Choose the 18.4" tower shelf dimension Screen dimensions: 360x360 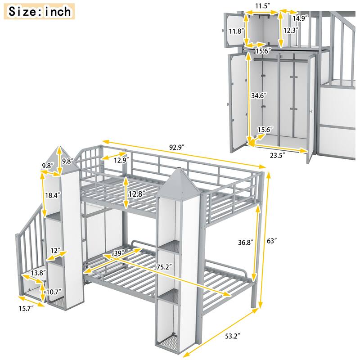(50, 195)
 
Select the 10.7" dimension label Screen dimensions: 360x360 (54, 292)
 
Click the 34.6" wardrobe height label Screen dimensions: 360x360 (259, 96)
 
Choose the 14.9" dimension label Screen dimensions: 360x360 (300, 18)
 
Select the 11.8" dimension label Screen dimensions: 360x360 (236, 31)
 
